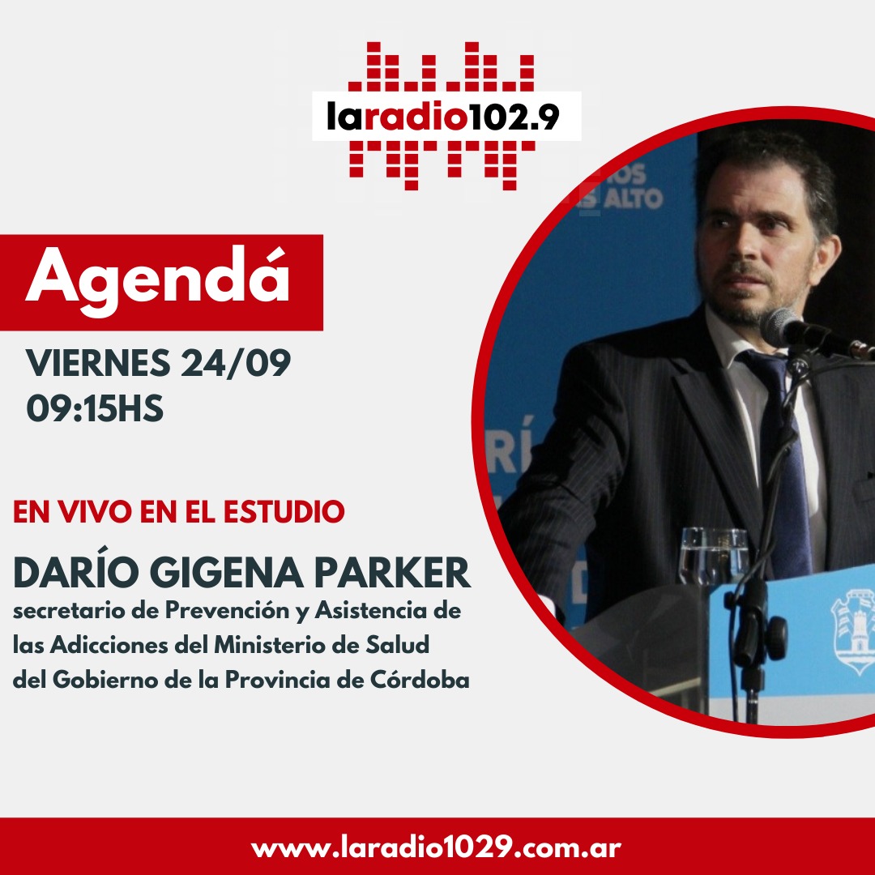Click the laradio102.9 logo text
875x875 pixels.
442,117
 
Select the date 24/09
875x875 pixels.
236,363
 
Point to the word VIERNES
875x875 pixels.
98,363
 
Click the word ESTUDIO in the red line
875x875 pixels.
284,512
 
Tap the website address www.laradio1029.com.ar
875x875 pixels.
437,848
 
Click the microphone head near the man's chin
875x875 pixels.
783,327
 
